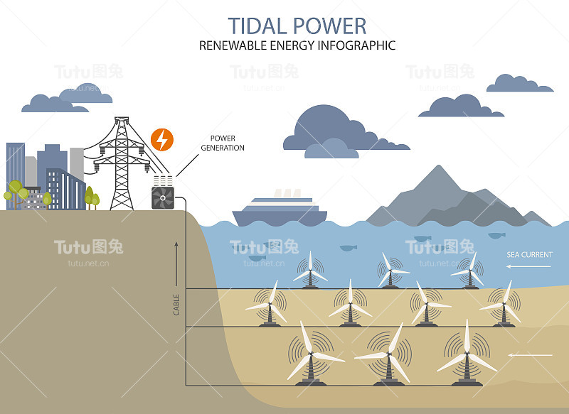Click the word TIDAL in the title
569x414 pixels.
(x=256, y=26)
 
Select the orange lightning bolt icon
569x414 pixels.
(x=162, y=139)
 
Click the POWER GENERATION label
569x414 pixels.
(x=223, y=143)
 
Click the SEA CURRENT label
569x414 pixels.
(x=529, y=254)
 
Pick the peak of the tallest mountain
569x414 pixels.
(x=441, y=169)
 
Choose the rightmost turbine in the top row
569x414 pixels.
(x=470, y=270)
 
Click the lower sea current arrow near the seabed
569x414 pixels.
(x=531, y=354)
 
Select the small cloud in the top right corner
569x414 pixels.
(x=519, y=84)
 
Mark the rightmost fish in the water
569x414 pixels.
(x=496, y=235)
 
